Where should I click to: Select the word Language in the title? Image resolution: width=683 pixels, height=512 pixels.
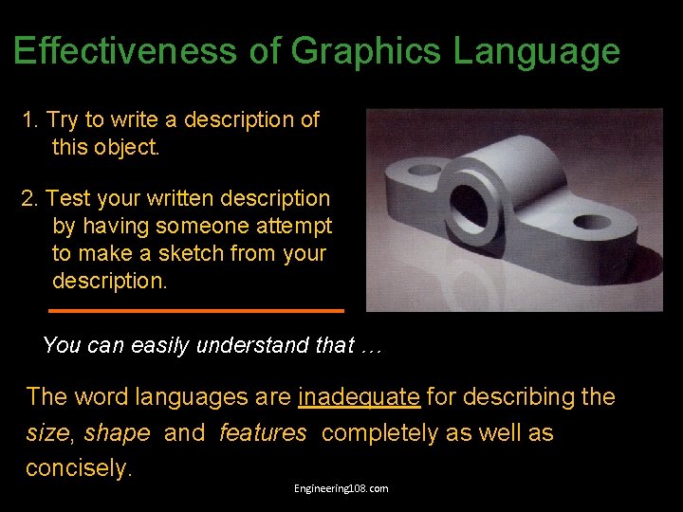point(536,50)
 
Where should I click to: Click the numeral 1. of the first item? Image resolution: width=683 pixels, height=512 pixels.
point(31,120)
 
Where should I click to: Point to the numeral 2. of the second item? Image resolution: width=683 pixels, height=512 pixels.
point(31,199)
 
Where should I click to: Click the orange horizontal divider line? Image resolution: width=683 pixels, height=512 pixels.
point(195,310)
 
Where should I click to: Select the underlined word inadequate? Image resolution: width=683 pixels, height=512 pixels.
point(359,397)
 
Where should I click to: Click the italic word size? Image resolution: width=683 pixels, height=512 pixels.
point(46,433)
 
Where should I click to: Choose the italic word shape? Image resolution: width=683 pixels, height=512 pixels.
point(117,433)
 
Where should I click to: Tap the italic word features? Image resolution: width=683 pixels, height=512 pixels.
point(263,433)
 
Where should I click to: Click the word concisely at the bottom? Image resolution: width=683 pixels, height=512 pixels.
point(77,468)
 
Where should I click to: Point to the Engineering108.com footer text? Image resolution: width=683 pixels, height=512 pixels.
point(341,488)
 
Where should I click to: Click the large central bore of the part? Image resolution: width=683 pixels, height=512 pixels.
point(469,199)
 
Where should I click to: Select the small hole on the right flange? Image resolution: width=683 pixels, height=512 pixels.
point(592,223)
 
